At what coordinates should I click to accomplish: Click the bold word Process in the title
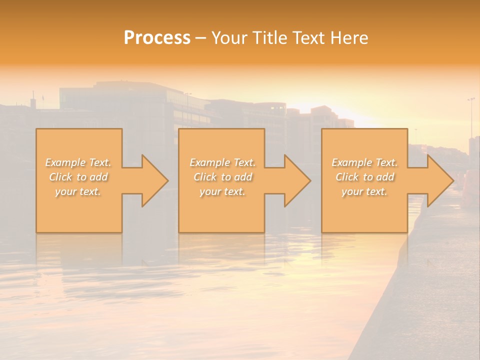157,38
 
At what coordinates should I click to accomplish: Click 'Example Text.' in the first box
78,162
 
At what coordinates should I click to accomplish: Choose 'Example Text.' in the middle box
222,162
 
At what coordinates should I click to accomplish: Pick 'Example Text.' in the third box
364,162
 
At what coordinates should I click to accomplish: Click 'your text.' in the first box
78,191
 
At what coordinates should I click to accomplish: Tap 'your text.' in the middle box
222,191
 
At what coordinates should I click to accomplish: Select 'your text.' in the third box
364,191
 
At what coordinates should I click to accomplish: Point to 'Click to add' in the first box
78,177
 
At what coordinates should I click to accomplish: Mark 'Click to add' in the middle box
222,177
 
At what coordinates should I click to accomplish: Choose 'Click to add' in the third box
364,177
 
